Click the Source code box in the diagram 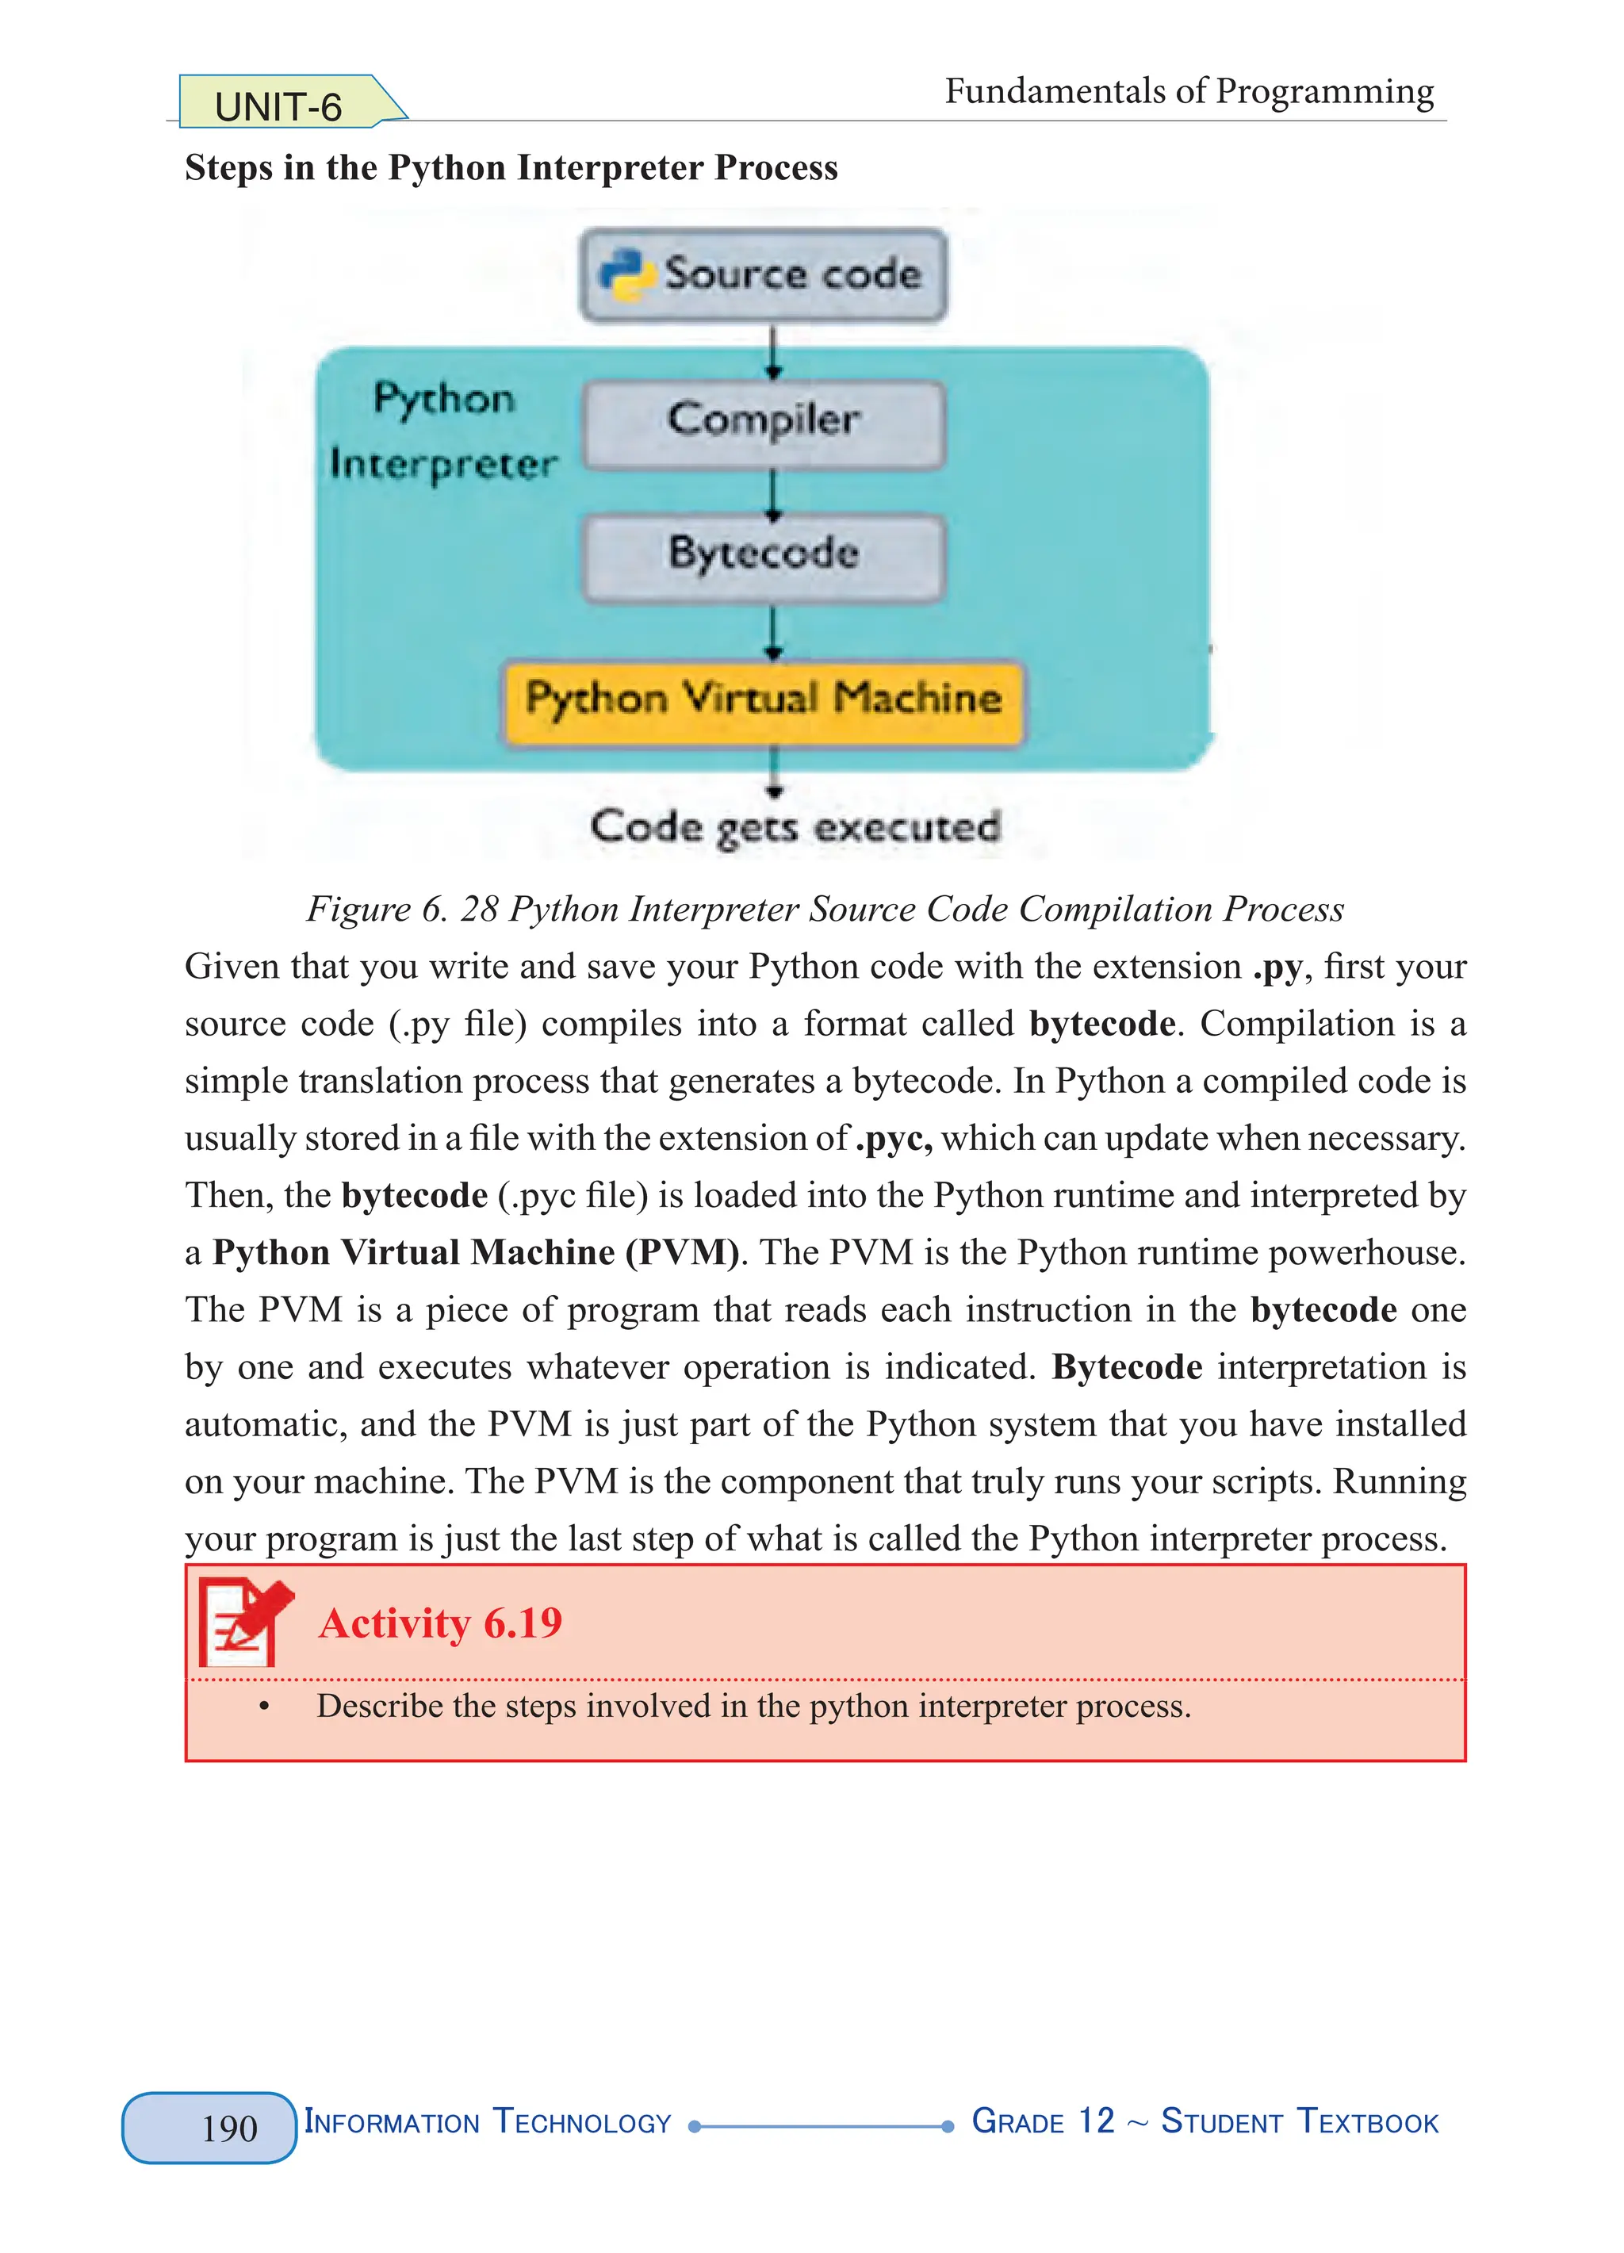(x=763, y=274)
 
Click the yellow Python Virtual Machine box (x=763, y=700)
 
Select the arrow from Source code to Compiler (x=774, y=350)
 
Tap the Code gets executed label (x=795, y=827)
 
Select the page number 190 (x=228, y=2128)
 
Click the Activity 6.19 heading (x=440, y=1623)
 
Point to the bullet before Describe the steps (x=264, y=1707)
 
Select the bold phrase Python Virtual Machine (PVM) (x=476, y=1253)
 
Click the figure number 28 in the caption (x=479, y=909)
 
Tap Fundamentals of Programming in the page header (x=1188, y=92)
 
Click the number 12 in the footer (x=1097, y=2122)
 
